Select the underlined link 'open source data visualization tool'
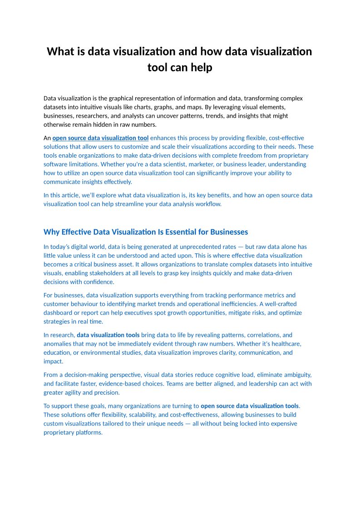(100, 138)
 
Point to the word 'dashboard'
(58, 313)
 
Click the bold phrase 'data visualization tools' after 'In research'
(108, 335)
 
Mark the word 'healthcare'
(286, 344)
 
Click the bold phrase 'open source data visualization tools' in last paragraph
(250, 406)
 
